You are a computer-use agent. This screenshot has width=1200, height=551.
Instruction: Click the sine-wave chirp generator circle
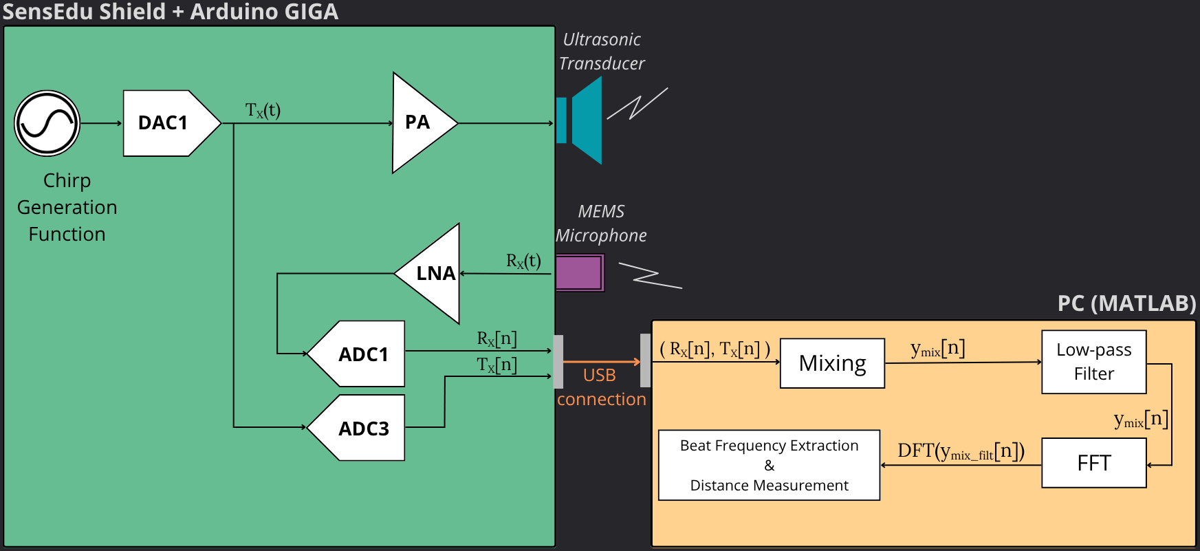click(47, 124)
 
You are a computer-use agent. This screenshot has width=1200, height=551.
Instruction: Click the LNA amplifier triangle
click(433, 274)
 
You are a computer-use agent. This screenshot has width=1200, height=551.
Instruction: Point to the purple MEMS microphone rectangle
click(579, 272)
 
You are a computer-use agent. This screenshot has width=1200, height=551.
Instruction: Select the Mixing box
click(832, 363)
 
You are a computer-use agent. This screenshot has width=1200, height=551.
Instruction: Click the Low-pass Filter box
click(1093, 362)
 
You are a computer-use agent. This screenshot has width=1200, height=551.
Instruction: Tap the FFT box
click(1093, 463)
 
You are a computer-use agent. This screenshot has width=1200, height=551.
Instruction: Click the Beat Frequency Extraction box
click(769, 465)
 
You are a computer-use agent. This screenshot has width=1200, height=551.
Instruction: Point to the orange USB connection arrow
click(601, 361)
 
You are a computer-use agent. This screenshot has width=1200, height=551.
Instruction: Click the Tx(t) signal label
click(263, 110)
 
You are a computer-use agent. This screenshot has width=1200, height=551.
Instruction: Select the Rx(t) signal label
click(523, 261)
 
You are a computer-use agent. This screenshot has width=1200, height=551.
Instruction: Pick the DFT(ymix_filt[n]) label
click(961, 451)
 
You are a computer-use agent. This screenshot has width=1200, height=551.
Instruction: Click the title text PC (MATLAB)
click(1126, 303)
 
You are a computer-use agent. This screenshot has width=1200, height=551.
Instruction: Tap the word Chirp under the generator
click(67, 180)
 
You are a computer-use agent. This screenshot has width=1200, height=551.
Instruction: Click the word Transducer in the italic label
click(602, 63)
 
